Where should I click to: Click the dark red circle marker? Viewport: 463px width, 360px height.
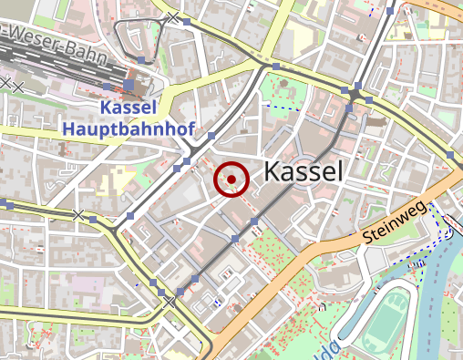tap(231, 180)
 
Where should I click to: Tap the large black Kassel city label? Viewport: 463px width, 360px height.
tap(304, 171)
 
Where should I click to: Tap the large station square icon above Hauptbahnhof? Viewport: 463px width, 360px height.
tap(129, 87)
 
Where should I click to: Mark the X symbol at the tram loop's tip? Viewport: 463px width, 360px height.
tap(173, 16)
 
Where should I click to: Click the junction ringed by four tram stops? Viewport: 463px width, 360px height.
tap(355, 94)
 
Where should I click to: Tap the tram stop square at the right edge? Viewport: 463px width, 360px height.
tap(454, 155)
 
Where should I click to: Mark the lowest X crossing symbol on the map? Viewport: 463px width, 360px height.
tap(170, 302)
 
